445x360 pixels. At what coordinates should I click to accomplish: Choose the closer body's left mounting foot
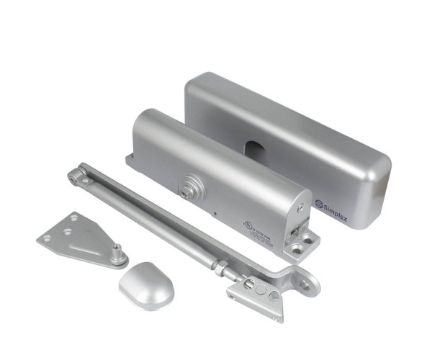(132, 160)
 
